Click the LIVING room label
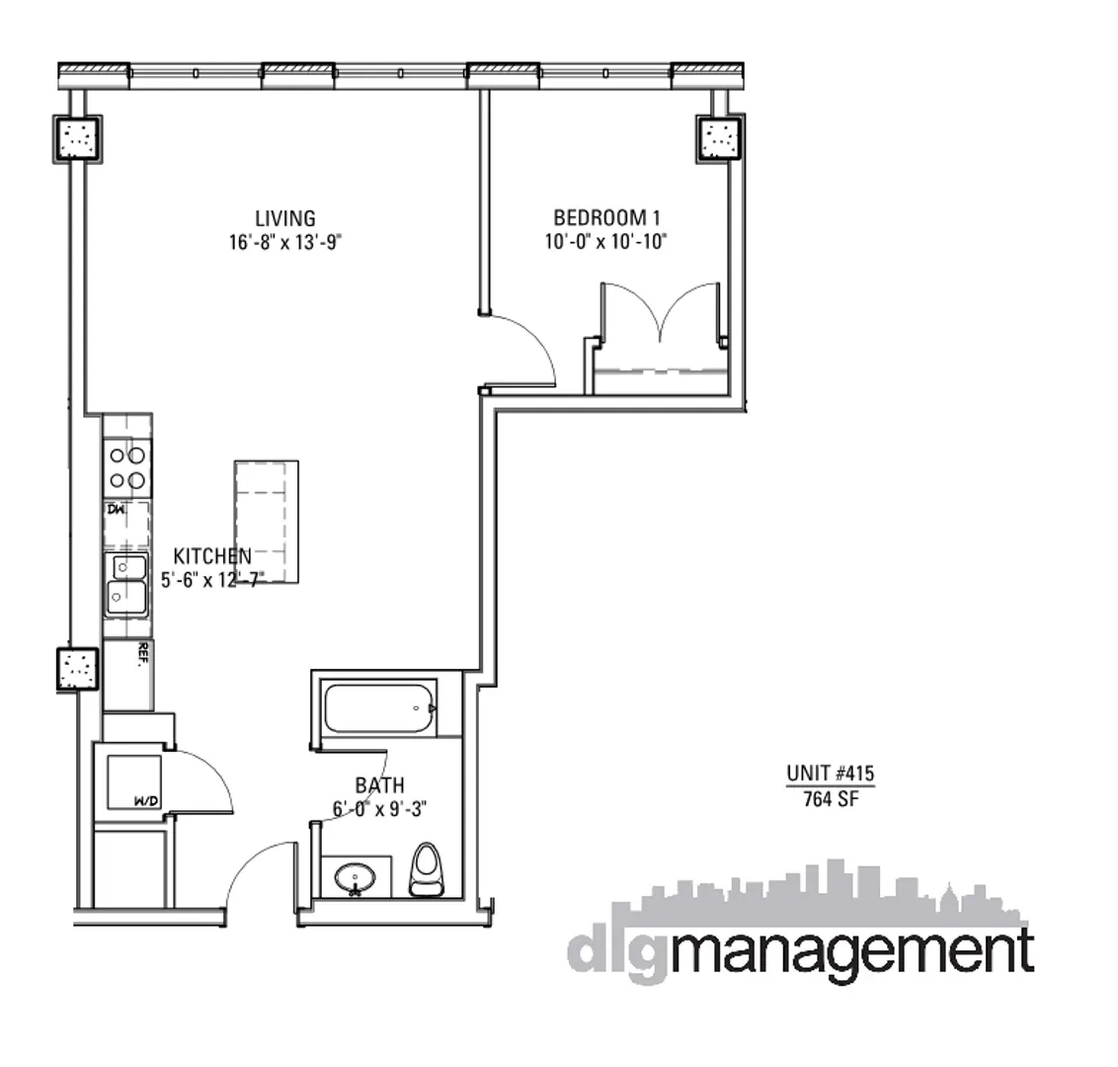point(284,218)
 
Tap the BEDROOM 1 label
point(604,217)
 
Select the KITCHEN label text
point(211,556)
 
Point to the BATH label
point(379,785)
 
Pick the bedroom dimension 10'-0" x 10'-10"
point(605,242)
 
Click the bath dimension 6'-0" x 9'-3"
point(379,809)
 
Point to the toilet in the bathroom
point(427,868)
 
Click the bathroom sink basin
point(354,876)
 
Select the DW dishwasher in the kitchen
point(127,524)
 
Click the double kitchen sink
point(127,583)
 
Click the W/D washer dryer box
point(133,780)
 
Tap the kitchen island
point(267,521)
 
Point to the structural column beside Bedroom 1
point(721,138)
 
